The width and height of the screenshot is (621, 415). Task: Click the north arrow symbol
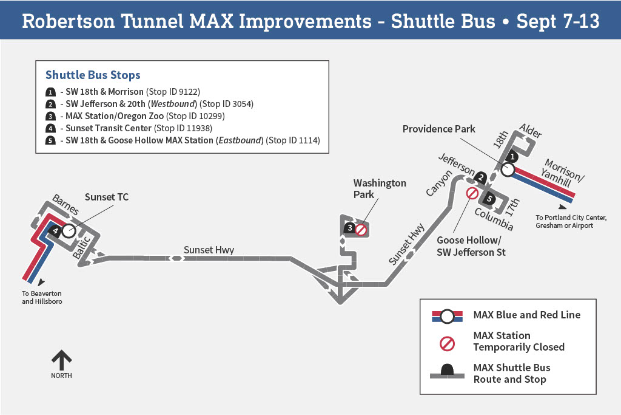pos(61,360)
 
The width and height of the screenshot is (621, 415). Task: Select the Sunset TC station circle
pos(68,230)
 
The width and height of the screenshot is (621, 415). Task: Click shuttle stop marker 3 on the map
pos(350,228)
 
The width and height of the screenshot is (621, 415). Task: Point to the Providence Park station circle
pos(508,170)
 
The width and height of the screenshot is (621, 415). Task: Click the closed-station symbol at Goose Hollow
pos(472,193)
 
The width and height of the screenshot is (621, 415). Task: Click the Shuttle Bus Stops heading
pos(93,75)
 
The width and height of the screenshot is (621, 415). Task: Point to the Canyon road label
pos(439,182)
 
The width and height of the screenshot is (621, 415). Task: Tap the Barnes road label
pos(65,204)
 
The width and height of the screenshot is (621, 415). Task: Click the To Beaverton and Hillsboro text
pos(42,297)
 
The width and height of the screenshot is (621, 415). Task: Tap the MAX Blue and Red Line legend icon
pos(447,316)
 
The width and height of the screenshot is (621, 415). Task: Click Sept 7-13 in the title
pos(558,21)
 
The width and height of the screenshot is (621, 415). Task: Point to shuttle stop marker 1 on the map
pos(511,156)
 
